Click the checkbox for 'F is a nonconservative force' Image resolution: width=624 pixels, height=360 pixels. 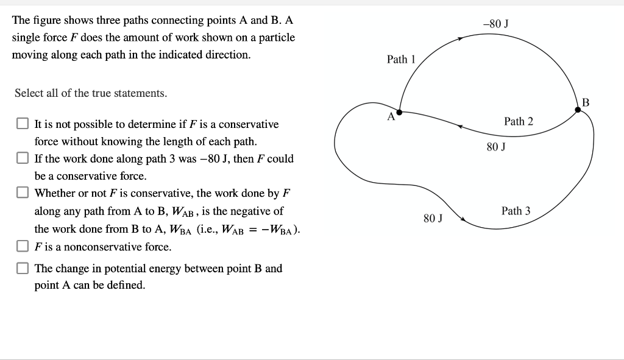[x=23, y=247]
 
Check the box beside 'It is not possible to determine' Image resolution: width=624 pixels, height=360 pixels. [x=23, y=124]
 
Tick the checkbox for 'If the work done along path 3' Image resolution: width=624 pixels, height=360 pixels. [x=23, y=158]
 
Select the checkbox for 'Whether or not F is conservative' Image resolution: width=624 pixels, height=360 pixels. [x=23, y=193]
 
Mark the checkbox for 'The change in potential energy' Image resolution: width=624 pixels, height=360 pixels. [x=23, y=268]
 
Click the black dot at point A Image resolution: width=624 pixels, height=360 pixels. [x=399, y=112]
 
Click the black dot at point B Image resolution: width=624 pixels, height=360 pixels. [x=578, y=110]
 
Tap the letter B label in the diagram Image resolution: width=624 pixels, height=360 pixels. [x=586, y=102]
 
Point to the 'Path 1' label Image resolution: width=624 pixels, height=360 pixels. [x=401, y=59]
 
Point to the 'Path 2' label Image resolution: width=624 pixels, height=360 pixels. [x=519, y=121]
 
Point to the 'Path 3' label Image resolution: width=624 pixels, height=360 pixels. [x=516, y=211]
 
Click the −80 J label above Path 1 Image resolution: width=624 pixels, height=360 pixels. [x=495, y=24]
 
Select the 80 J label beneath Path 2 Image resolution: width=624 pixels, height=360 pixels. [x=496, y=147]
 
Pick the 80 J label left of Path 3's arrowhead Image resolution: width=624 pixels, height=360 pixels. [x=433, y=217]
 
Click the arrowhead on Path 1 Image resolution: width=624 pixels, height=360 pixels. [x=461, y=38]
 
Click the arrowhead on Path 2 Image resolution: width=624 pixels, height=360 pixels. [x=461, y=127]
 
